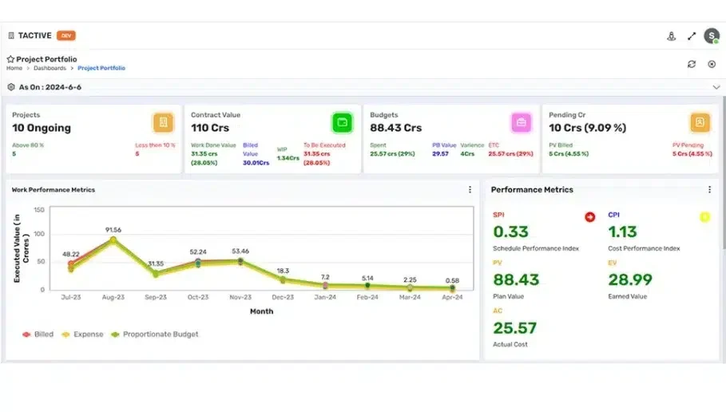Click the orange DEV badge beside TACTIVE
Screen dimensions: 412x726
pos(66,36)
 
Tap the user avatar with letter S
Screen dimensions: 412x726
pos(711,36)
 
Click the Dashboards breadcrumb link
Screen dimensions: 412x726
pos(50,69)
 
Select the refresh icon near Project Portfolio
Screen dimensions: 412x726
pos(692,64)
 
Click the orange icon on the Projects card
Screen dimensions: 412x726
pos(164,122)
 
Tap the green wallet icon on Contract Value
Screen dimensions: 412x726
pos(343,122)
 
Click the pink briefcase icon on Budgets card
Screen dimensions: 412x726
pos(522,122)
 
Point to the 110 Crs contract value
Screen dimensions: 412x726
pos(211,128)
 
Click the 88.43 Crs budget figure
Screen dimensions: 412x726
pos(395,128)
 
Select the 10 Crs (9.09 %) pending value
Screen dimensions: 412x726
pos(587,128)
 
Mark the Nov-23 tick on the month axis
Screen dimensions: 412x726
pos(240,298)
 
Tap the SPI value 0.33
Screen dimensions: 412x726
pos(510,232)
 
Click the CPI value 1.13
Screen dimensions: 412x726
pos(622,232)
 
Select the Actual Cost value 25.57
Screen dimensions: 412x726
pos(514,328)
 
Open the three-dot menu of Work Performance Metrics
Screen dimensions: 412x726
pos(470,190)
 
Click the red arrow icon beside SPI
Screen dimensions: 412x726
pos(589,216)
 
